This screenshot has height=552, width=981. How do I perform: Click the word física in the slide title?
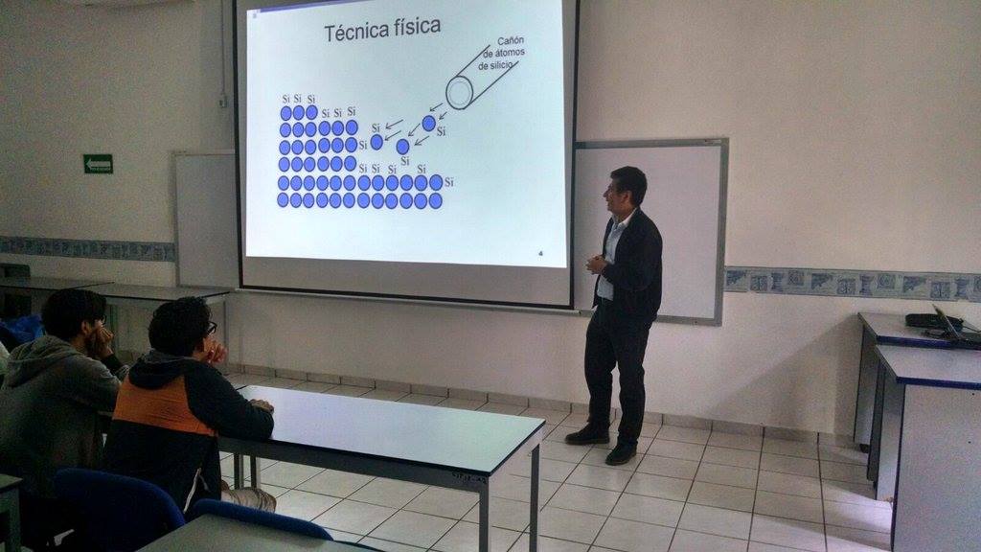point(418,27)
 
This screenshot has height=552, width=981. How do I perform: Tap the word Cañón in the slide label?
point(511,42)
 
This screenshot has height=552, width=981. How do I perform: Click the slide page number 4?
point(541,253)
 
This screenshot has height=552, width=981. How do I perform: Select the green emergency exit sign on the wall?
point(99,164)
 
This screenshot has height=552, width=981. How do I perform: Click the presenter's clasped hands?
point(595,264)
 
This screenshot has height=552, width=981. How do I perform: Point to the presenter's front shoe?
point(621,454)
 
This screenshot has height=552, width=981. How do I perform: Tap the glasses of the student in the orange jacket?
point(211,329)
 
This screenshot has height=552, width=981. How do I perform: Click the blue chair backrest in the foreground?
point(118,506)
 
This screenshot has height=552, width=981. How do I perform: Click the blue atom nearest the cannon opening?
point(428,124)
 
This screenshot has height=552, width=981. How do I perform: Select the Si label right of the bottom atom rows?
point(448,182)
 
